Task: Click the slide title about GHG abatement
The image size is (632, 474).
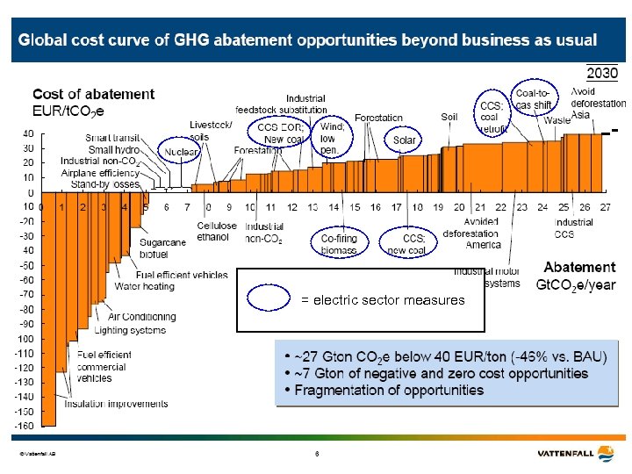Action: pos(308,40)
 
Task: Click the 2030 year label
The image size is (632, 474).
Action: pos(602,72)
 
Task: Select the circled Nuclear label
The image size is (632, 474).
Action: pos(181,152)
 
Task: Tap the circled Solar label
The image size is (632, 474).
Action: pos(404,140)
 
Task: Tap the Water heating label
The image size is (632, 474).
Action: pos(144,286)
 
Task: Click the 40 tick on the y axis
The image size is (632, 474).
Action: pos(28,133)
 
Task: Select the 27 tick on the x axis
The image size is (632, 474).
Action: pos(605,207)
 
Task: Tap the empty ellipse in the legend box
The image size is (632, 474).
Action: pos(268,299)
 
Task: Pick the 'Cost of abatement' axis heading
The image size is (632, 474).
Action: pos(93,102)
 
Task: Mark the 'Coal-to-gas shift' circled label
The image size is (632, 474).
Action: pos(535,98)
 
